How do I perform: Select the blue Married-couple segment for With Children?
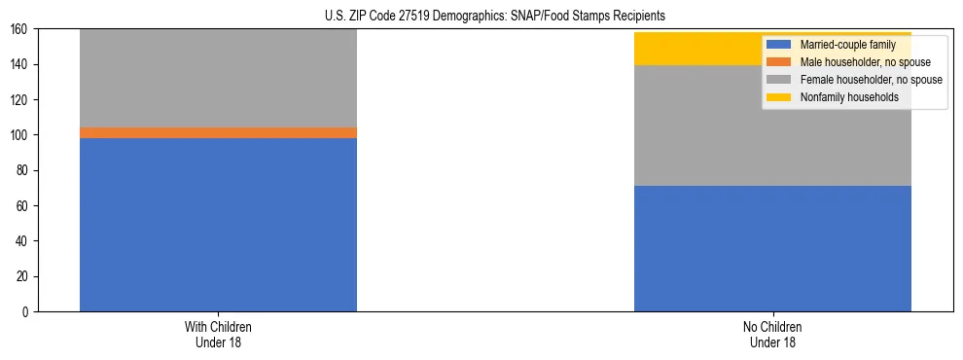(x=218, y=224)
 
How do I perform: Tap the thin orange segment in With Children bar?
(x=218, y=132)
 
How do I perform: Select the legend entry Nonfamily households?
(x=841, y=97)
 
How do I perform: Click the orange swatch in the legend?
(x=778, y=62)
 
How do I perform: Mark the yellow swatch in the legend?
(x=778, y=97)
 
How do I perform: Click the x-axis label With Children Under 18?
(x=218, y=334)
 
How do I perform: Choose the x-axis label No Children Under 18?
(x=772, y=334)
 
